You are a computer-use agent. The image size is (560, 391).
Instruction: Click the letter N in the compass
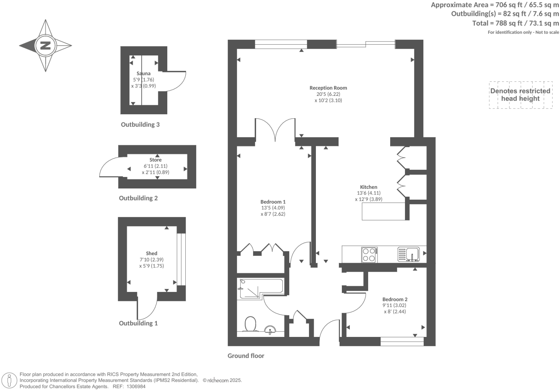tap(45, 46)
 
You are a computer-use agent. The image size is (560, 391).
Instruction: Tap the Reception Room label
tap(328, 88)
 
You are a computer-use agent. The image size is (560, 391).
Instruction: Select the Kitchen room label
tap(369, 187)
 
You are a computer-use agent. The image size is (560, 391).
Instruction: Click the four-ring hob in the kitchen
tap(369, 254)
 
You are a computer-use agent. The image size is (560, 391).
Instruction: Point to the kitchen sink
tap(409, 254)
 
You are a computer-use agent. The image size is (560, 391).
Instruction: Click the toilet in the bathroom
tap(250, 323)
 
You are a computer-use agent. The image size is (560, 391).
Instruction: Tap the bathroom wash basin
tap(270, 329)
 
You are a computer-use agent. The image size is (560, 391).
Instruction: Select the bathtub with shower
tap(260, 289)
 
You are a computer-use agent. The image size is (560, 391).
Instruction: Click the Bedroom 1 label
tap(273, 201)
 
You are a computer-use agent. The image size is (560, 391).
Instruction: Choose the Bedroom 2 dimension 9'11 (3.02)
tap(395, 305)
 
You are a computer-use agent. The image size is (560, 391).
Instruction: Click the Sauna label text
tap(144, 73)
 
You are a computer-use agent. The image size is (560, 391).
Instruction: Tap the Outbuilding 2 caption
tap(138, 198)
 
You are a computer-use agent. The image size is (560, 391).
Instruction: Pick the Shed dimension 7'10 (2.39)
tap(151, 259)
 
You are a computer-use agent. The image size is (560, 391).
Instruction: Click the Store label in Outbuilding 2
tap(155, 160)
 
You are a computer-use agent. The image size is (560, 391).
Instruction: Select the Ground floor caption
tap(246, 356)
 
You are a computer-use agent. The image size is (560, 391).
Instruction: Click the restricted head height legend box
tap(520, 95)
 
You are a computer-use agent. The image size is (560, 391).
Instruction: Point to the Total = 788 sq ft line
tap(515, 23)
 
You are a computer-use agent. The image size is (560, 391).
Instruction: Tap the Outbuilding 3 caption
tap(140, 124)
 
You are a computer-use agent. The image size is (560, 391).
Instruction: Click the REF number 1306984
tap(135, 386)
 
